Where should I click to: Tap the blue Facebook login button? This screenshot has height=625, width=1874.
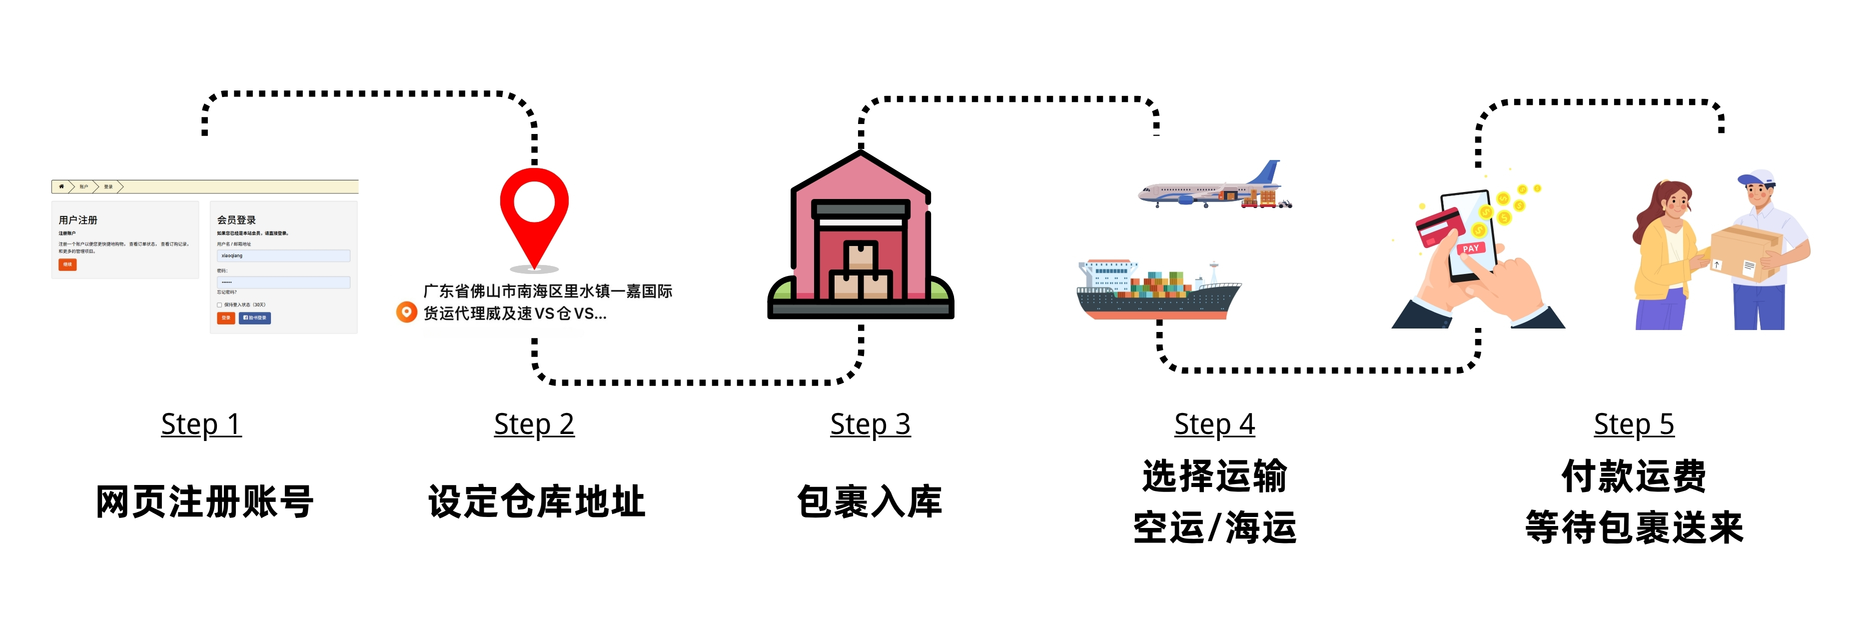pos(255,318)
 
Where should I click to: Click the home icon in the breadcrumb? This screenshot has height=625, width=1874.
pos(61,187)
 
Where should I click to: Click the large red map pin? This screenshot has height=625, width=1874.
pos(534,211)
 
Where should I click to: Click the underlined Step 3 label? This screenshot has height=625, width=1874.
pos(870,424)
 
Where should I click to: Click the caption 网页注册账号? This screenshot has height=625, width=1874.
pos(204,502)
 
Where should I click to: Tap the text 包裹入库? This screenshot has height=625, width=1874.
pos(870,502)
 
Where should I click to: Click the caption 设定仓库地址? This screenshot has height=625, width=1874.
pos(536,502)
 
